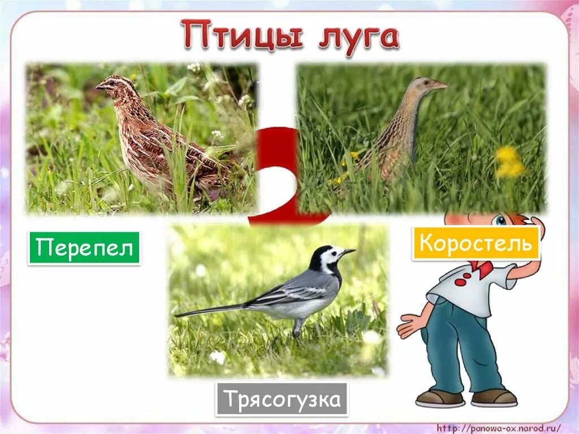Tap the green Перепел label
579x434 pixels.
84,248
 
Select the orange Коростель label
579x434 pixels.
476,243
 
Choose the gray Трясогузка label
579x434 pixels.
282,399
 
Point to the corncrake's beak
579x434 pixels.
439,85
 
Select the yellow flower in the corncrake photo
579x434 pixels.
508,162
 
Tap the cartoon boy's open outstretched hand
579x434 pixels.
410,325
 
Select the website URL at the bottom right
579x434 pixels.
497,427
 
